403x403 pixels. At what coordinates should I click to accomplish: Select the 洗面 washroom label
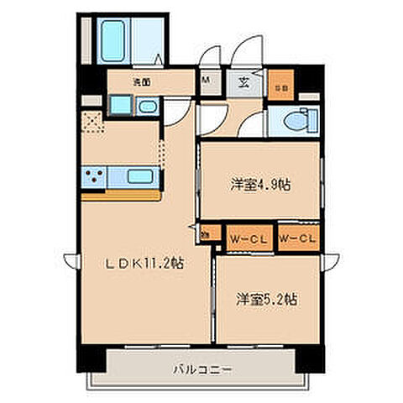pos(140,81)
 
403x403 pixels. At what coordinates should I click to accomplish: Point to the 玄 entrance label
pos(243,82)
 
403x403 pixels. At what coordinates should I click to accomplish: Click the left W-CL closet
pos(247,238)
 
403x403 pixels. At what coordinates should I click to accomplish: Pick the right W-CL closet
pos(297,238)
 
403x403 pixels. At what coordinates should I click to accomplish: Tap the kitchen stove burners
pos(94,177)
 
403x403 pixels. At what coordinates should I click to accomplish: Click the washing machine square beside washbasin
pos(118,106)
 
